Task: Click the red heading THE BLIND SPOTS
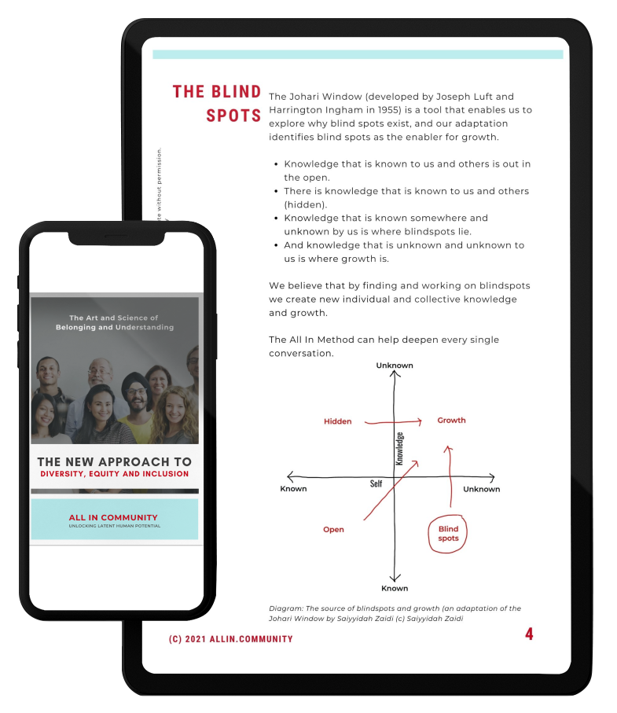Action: tap(217, 103)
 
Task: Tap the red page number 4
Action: tap(529, 634)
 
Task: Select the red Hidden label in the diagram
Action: tap(337, 421)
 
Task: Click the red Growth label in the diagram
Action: tap(451, 421)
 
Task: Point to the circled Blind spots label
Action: tap(448, 534)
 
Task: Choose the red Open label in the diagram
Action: tap(333, 530)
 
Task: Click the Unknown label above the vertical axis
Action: tap(394, 366)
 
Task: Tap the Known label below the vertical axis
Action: tap(395, 588)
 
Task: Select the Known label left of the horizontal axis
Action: tap(293, 489)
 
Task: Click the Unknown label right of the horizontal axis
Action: tap(481, 489)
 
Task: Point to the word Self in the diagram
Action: tap(376, 483)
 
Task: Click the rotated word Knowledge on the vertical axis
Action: tap(399, 449)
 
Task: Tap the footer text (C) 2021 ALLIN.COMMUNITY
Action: tap(230, 639)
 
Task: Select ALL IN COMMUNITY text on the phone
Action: tap(113, 517)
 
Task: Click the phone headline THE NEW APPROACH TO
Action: tap(114, 462)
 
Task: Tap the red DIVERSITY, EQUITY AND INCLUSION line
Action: tap(115, 474)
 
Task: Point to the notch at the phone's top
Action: tap(116, 237)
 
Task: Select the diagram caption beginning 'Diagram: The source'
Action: tap(395, 613)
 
